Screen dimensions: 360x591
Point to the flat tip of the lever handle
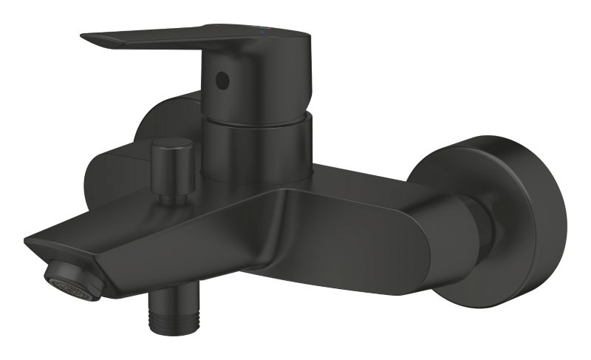pos(96,38)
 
